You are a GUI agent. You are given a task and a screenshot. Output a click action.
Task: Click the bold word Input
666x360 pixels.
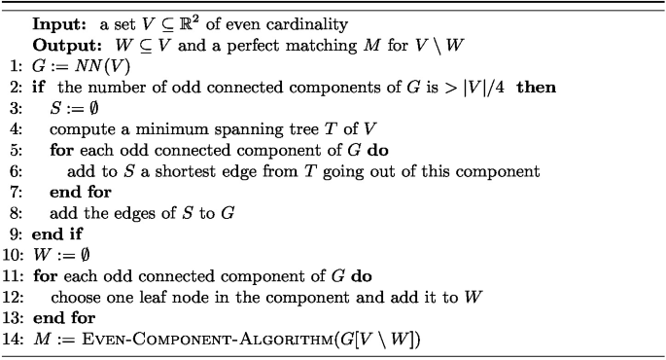tap(56, 22)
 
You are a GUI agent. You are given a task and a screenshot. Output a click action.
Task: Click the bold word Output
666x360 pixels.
tap(63, 45)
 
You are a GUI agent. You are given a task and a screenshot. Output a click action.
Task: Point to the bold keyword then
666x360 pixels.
tap(536, 87)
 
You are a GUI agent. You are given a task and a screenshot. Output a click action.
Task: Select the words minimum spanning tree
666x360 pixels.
tap(186, 128)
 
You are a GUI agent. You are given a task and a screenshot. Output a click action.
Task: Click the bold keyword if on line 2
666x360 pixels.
tap(39, 87)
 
